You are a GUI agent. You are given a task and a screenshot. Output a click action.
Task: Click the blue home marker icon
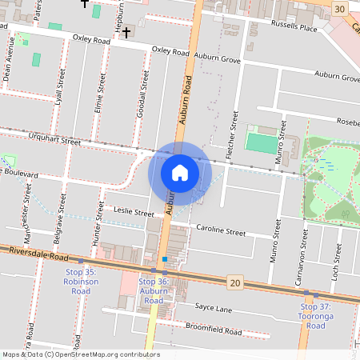click(180, 171)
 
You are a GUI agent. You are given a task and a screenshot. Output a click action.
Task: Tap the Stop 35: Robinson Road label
click(80, 277)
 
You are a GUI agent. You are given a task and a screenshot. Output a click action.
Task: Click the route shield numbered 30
click(341, 9)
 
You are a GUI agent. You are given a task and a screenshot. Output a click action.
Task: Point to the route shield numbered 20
click(234, 282)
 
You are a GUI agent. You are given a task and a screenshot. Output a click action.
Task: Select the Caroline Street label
click(221, 231)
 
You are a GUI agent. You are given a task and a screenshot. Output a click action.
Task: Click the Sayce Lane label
click(214, 308)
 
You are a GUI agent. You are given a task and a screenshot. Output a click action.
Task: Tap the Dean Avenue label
click(9, 59)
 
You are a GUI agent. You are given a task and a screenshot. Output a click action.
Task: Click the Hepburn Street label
click(118, 14)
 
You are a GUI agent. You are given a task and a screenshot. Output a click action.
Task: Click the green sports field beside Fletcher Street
click(259, 143)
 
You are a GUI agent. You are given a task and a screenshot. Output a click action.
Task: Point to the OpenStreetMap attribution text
click(81, 354)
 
